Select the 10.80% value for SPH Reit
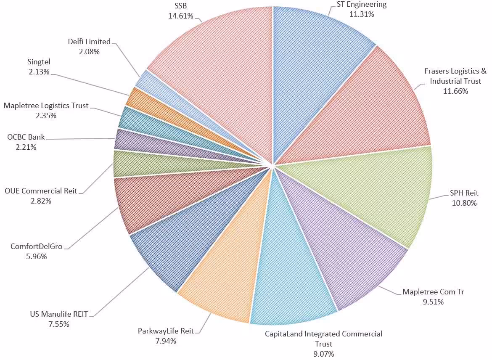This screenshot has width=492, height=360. (463, 203)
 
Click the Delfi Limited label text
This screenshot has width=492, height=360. (89, 42)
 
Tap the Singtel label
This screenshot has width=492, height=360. (38, 62)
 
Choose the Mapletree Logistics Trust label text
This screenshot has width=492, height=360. (46, 106)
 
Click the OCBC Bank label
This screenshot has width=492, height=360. (26, 137)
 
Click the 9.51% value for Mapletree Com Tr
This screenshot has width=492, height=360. (433, 302)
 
